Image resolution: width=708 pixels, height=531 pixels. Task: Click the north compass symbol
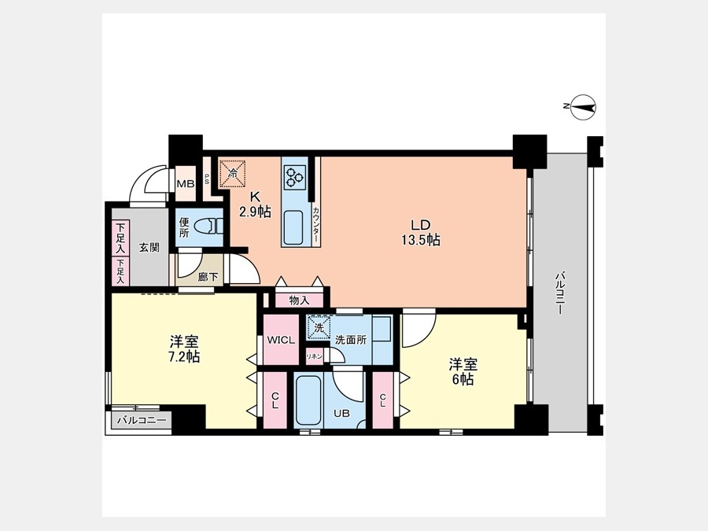pyautogui.click(x=583, y=107)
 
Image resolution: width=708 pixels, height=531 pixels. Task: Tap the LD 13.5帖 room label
pyautogui.click(x=421, y=232)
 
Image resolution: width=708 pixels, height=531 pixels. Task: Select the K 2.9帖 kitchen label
pyautogui.click(x=255, y=204)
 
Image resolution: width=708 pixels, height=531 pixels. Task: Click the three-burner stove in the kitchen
pyautogui.click(x=294, y=176)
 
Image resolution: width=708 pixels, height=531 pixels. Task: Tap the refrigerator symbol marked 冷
pyautogui.click(x=233, y=172)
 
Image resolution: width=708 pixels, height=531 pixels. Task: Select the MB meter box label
pyautogui.click(x=186, y=184)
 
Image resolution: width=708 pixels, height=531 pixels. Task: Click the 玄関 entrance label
pyautogui.click(x=149, y=248)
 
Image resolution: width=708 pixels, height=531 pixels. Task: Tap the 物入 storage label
pyautogui.click(x=299, y=301)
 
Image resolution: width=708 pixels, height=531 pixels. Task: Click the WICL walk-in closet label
pyautogui.click(x=281, y=340)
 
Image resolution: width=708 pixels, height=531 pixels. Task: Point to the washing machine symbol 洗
pyautogui.click(x=319, y=327)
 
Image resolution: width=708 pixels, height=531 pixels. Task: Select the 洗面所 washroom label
pyautogui.click(x=351, y=340)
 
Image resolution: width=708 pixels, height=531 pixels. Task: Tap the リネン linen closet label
pyautogui.click(x=315, y=356)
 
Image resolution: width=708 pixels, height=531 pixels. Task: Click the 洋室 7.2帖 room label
pyautogui.click(x=184, y=348)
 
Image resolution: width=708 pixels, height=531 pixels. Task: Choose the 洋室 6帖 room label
pyautogui.click(x=463, y=371)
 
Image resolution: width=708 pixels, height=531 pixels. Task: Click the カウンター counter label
pyautogui.click(x=316, y=224)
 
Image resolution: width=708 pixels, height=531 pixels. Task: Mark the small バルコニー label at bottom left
pyautogui.click(x=142, y=420)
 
